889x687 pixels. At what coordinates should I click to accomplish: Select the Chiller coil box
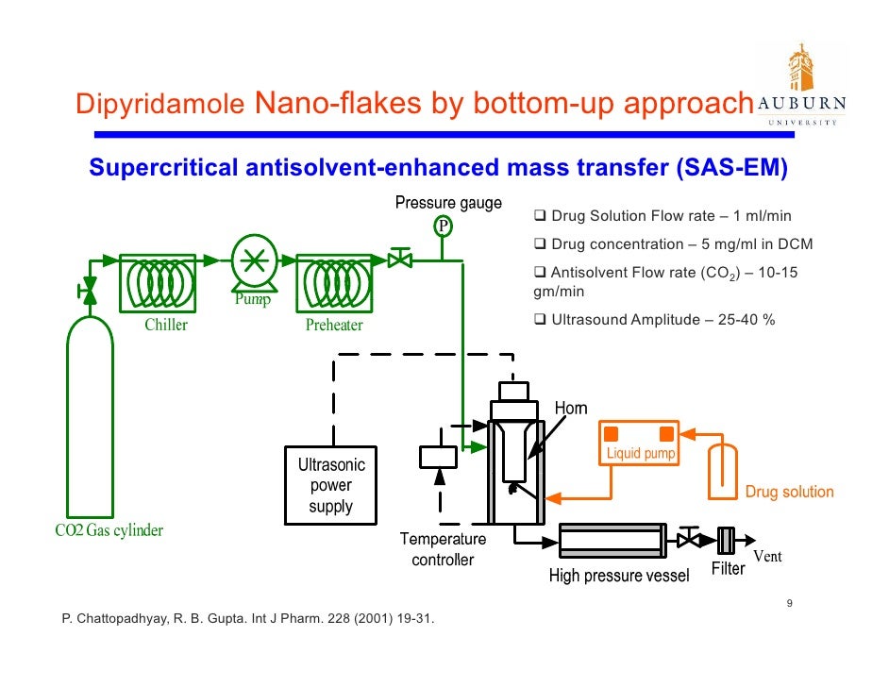coord(159,282)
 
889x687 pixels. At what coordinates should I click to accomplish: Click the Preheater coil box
coord(334,282)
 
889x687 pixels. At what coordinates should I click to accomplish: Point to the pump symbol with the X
coord(253,261)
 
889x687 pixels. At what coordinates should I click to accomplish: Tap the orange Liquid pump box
coord(638,443)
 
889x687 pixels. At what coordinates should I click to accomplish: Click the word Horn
coord(571,408)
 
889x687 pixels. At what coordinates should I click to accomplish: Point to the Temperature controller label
coord(443,549)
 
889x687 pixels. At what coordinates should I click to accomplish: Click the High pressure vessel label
coord(619,577)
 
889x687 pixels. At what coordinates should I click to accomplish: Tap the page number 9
coord(789,604)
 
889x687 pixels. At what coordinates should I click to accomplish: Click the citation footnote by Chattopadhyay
coord(247,620)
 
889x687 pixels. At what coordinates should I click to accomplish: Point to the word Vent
coord(766,556)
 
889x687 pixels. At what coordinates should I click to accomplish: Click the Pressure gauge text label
coord(447,203)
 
